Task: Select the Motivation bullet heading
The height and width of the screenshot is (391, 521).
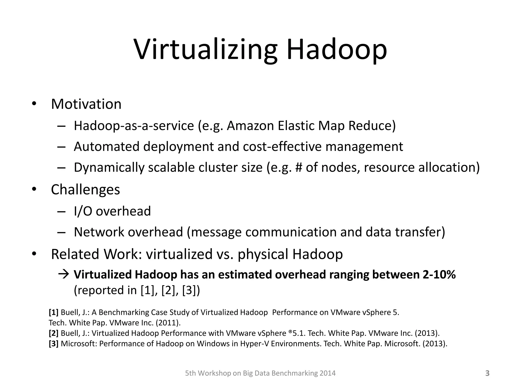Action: [86, 104]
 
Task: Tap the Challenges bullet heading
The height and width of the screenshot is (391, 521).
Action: [85, 190]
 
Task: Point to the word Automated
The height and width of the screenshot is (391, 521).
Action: [106, 147]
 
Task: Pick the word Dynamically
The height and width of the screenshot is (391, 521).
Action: [109, 168]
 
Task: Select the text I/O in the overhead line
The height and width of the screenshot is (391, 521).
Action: [83, 211]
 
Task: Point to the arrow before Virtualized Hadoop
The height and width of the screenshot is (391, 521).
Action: [64, 274]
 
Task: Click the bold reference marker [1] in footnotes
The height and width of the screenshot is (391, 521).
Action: [54, 312]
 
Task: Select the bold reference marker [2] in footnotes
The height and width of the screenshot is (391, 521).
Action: [54, 333]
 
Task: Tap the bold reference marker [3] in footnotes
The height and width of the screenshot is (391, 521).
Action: [54, 344]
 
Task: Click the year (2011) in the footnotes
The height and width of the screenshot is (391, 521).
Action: [168, 323]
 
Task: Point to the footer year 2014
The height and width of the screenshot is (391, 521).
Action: [328, 373]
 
